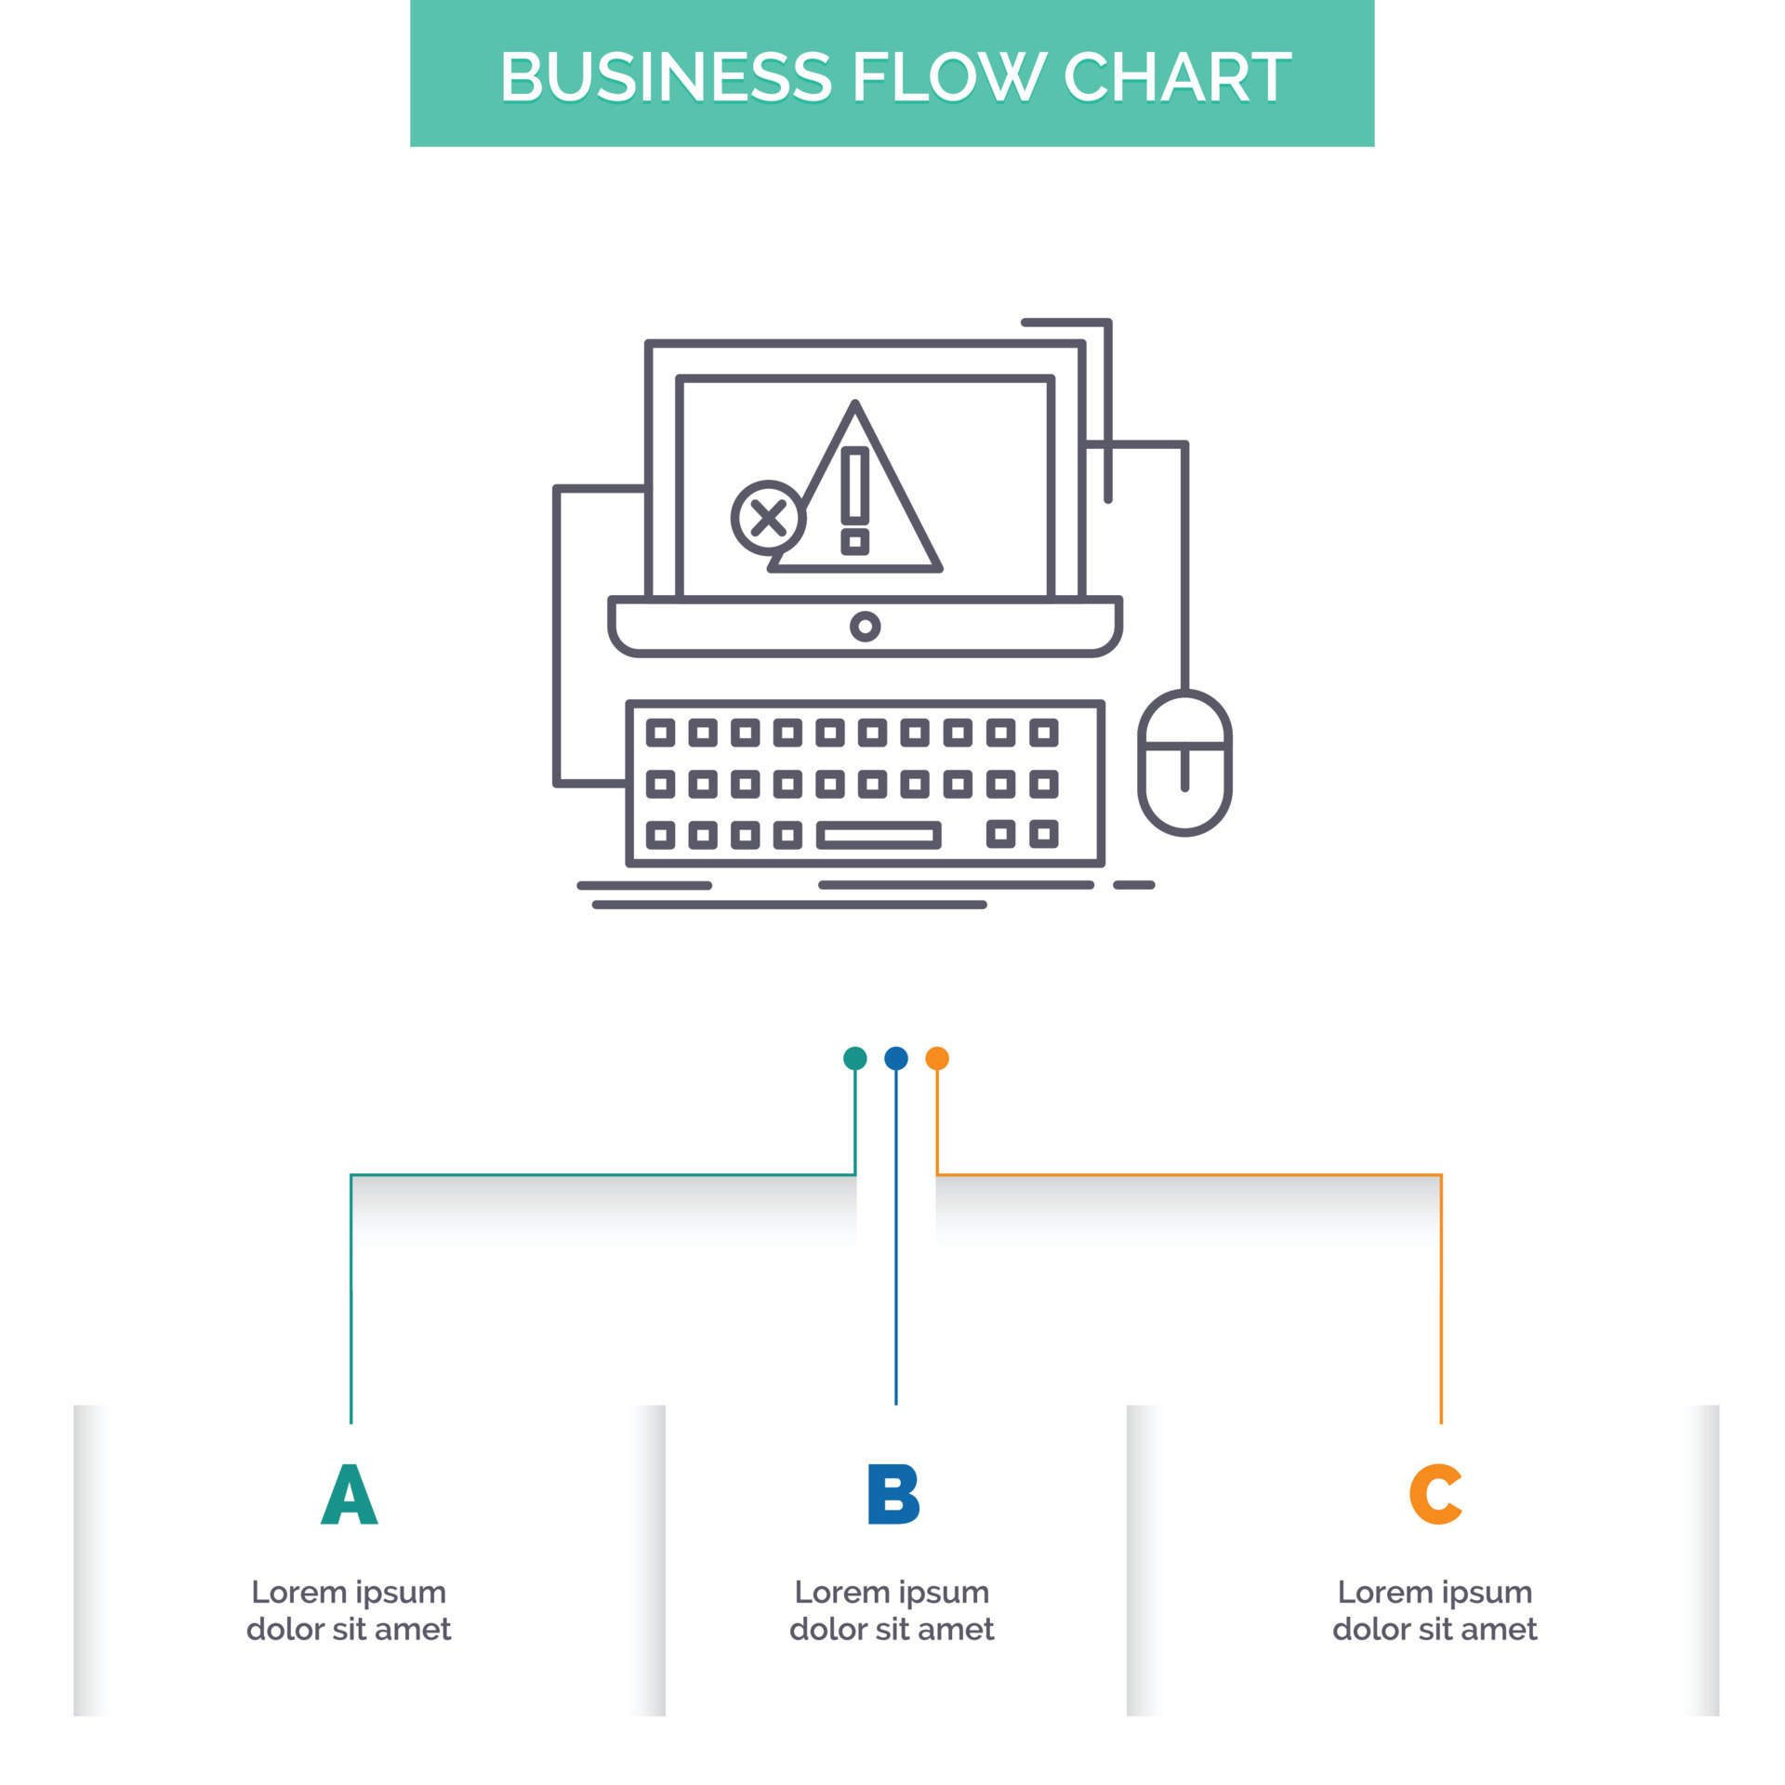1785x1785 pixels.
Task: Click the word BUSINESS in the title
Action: click(666, 76)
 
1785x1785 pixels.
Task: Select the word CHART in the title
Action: click(1177, 76)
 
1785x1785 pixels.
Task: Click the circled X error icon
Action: click(768, 518)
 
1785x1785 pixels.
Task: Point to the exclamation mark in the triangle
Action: click(854, 499)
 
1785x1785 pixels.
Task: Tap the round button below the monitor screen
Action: click(865, 627)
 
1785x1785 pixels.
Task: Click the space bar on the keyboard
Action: click(879, 835)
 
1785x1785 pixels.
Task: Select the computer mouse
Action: click(1184, 762)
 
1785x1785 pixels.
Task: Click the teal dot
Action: click(854, 1058)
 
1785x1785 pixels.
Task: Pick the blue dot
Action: click(895, 1058)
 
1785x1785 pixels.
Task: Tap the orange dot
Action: click(937, 1058)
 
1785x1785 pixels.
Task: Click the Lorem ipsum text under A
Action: click(349, 1610)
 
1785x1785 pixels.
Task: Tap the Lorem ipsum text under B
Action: click(892, 1610)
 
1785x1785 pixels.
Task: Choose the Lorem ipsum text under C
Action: click(1435, 1610)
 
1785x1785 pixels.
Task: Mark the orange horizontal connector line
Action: click(1190, 1175)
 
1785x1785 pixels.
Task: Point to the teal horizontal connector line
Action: click(604, 1175)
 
